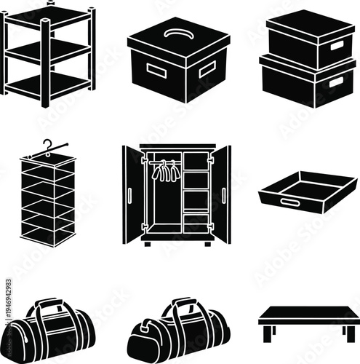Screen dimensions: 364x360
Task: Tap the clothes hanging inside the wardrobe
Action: pyautogui.click(x=165, y=173)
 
